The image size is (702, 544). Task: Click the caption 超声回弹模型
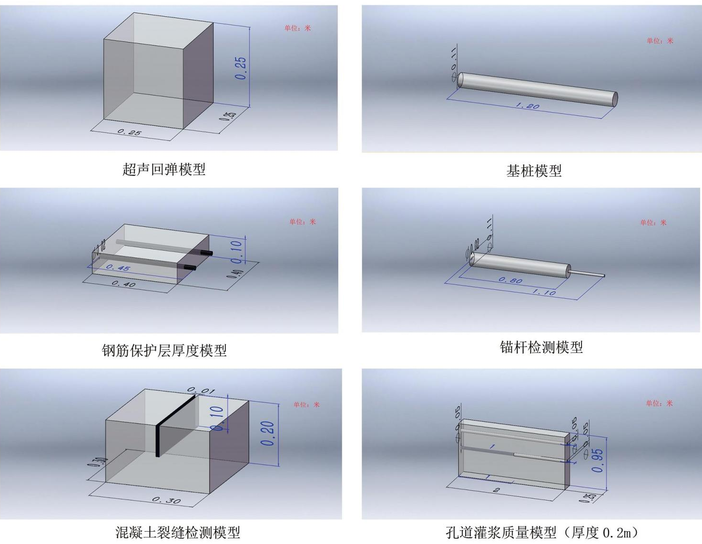tap(164, 169)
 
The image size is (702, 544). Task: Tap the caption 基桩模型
tap(534, 171)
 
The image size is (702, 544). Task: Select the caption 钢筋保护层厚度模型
tap(164, 350)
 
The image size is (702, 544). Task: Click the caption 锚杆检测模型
tap(541, 347)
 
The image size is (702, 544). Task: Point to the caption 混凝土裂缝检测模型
tap(177, 532)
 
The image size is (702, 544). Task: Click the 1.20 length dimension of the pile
tap(527, 106)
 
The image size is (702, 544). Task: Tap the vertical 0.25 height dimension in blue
tap(241, 68)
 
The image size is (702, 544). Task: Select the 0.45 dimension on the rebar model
tap(118, 268)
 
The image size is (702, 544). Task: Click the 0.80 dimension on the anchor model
tap(510, 280)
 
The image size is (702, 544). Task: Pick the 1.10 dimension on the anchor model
tap(544, 292)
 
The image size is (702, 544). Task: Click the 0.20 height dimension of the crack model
tap(268, 433)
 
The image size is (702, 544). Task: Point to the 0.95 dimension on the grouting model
tap(598, 461)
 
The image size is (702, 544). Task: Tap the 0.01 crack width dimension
tap(200, 391)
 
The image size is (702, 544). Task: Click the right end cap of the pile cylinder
tap(615, 99)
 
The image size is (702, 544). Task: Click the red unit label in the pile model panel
tap(660, 41)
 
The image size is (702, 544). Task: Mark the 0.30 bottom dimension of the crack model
tap(166, 500)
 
